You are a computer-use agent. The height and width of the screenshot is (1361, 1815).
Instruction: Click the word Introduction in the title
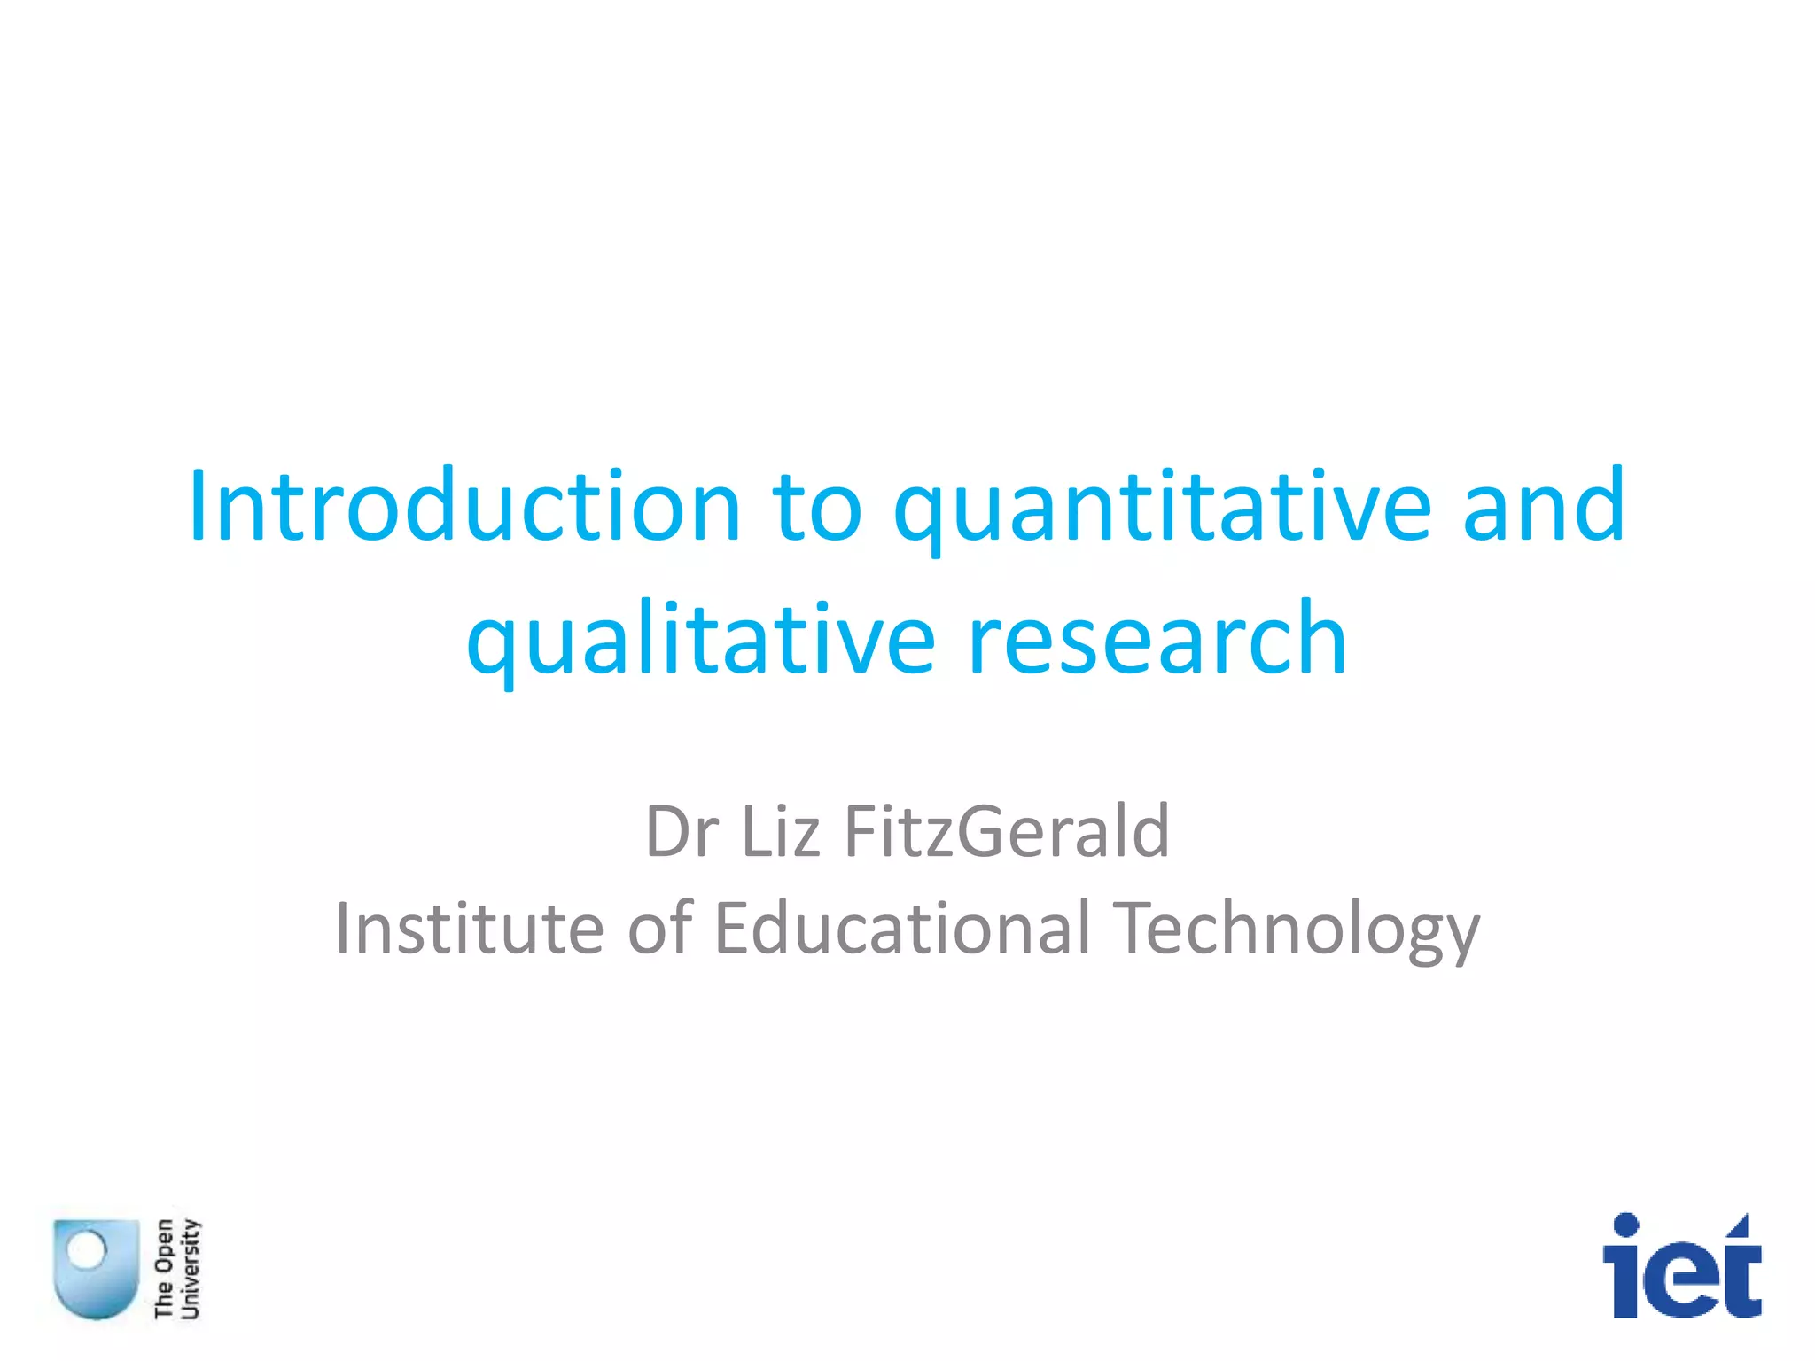click(463, 506)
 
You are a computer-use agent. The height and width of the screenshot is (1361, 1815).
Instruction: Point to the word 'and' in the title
click(1544, 506)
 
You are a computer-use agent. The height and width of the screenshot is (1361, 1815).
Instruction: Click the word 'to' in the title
click(817, 508)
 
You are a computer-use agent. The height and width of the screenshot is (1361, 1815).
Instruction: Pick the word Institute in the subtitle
click(469, 928)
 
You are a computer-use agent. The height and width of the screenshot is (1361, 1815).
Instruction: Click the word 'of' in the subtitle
click(660, 928)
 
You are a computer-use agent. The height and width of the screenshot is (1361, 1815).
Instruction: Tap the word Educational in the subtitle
click(901, 928)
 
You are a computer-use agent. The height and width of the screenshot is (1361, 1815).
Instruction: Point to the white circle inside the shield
click(87, 1250)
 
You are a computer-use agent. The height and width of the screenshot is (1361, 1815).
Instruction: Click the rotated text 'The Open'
click(164, 1269)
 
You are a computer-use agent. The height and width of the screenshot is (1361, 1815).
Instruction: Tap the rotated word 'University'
click(191, 1269)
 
